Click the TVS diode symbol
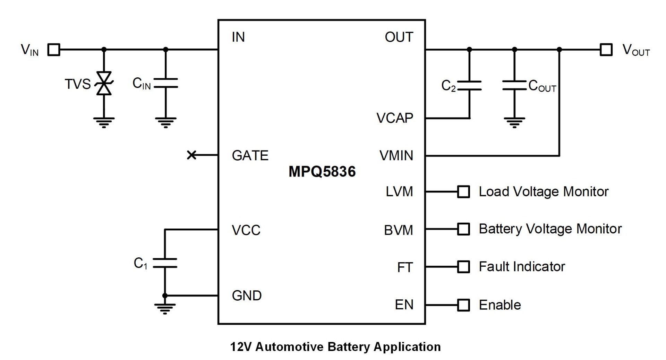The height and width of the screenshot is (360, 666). point(104,83)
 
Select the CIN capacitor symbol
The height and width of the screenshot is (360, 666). point(165,83)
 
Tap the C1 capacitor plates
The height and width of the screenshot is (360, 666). point(165,263)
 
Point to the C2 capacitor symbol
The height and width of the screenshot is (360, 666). point(469,85)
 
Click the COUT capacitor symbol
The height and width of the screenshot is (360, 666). point(514,85)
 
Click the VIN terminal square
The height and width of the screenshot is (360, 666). point(54,50)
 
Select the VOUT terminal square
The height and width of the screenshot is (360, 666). point(606,50)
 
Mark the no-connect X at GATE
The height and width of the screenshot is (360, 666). point(191,155)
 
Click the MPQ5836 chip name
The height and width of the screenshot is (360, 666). point(322,172)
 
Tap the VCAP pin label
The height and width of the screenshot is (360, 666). point(395,118)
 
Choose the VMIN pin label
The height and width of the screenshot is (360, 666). point(396,156)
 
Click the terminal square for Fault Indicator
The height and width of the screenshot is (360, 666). point(463,267)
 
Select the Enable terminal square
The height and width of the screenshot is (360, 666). point(463,305)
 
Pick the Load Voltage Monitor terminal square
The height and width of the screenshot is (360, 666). point(463,191)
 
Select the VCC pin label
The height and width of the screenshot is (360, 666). point(246,230)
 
